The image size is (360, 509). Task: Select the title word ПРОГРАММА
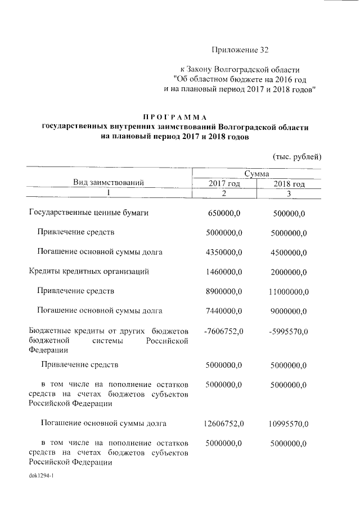coord(175,116)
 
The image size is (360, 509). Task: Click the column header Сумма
coord(256,174)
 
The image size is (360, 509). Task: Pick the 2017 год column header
coord(224,183)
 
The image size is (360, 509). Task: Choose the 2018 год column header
coord(289,183)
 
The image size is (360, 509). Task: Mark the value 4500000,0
coord(289,252)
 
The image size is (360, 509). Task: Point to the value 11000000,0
coord(289,291)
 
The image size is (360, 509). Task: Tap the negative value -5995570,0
coord(288,331)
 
